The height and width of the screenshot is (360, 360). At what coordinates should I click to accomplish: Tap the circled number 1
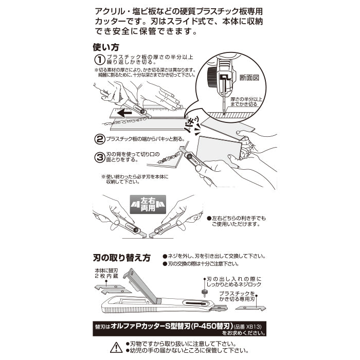[x=99, y=60]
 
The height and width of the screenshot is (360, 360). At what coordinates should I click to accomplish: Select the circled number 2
[x=99, y=138]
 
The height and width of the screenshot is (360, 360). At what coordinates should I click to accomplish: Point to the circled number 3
[x=99, y=157]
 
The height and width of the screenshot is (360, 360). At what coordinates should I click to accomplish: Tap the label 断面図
[x=249, y=77]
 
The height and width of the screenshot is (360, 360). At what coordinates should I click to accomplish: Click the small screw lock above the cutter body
[x=205, y=293]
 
